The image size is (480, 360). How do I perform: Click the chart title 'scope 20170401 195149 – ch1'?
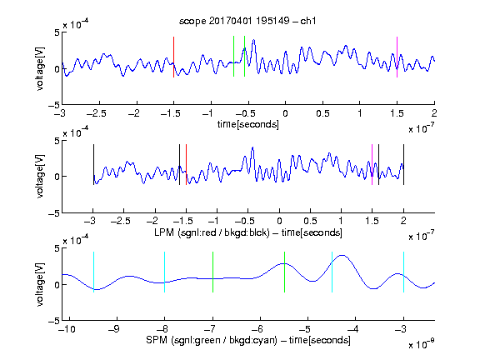tap(247, 21)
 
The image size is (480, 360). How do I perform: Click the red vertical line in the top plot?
tap(173, 57)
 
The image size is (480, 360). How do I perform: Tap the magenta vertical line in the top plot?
tap(397, 57)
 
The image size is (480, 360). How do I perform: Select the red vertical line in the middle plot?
tap(186, 165)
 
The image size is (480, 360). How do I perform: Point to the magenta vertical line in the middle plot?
tap(372, 165)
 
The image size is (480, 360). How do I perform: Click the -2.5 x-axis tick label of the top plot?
tap(96, 113)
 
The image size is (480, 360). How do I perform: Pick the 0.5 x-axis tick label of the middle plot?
tap(310, 221)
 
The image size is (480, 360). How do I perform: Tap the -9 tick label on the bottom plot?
tap(114, 329)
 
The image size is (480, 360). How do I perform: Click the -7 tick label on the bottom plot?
tap(210, 329)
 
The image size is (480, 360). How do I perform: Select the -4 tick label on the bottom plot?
tap(352, 329)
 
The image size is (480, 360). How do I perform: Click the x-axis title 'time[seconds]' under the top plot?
tap(248, 125)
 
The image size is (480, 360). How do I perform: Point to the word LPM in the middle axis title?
tap(164, 232)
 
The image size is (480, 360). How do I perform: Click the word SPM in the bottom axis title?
tap(157, 340)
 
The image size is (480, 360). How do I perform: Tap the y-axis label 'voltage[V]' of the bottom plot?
tap(40, 284)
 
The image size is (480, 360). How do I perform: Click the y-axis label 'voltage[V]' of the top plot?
tap(40, 68)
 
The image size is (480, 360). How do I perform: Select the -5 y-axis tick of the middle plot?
tap(54, 213)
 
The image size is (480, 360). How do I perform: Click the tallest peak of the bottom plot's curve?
tap(342, 255)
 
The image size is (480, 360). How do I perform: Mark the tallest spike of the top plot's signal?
tap(253, 40)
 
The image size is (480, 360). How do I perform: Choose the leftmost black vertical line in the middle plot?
tap(93, 165)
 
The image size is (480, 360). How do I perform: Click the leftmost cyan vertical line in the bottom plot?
tap(93, 272)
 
